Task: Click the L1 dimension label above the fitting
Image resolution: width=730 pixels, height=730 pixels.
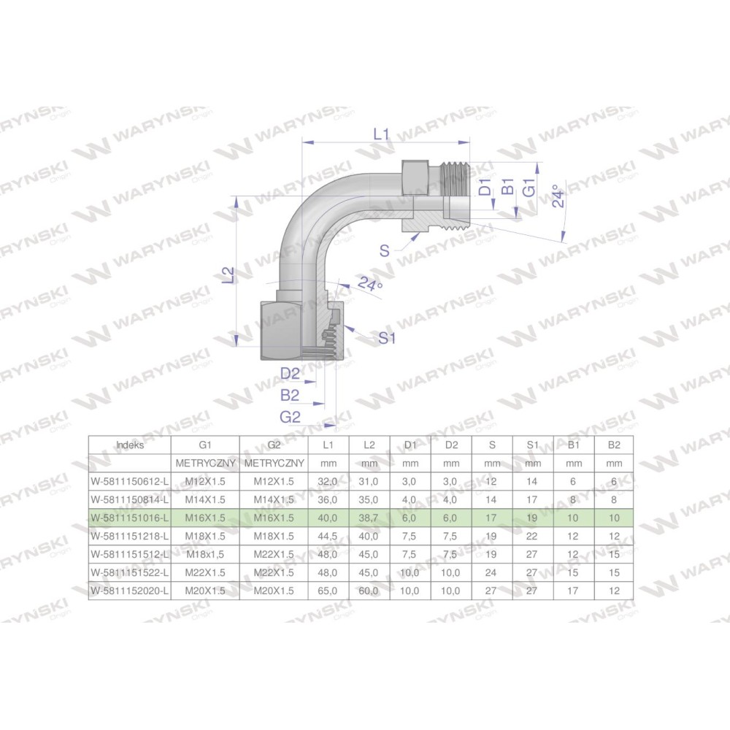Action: [x=381, y=134]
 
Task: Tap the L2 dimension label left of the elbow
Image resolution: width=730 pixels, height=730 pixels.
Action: [x=228, y=275]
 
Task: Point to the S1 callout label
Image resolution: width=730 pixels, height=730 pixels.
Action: [x=386, y=337]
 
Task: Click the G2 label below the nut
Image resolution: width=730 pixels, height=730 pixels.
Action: [x=290, y=417]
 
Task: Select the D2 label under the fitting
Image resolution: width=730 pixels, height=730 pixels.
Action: [x=290, y=373]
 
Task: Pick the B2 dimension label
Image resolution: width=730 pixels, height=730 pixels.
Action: [x=290, y=395]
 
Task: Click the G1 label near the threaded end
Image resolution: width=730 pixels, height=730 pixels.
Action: [x=529, y=188]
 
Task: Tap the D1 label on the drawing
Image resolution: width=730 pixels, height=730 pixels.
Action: [x=485, y=187]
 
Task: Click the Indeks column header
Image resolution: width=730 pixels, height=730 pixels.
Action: [x=130, y=445]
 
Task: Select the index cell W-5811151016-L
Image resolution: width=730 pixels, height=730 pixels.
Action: [x=130, y=518]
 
